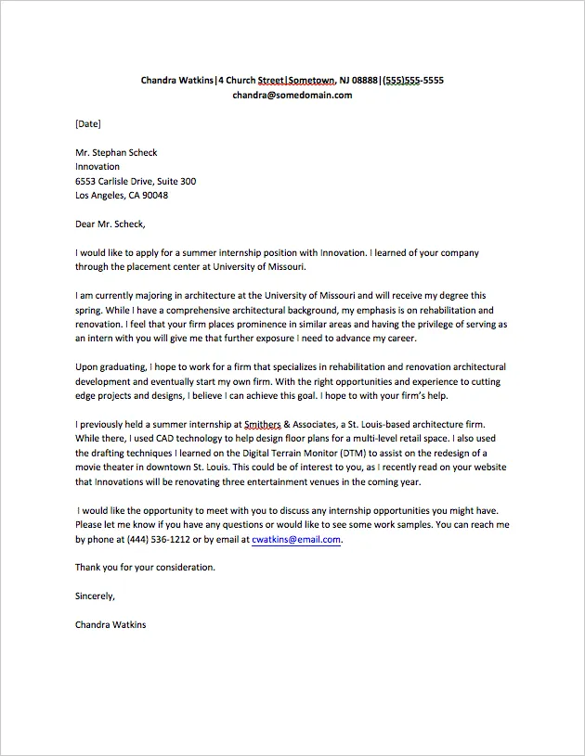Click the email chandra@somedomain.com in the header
tap(292, 95)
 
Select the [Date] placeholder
tap(88, 123)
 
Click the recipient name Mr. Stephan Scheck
tap(116, 152)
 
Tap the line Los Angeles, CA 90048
tap(122, 196)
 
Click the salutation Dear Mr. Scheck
tap(110, 224)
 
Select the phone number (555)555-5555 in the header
tap(413, 80)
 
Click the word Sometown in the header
tap(317, 80)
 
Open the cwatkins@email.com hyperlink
tap(296, 539)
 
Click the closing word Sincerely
tap(95, 596)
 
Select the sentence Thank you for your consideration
tap(145, 567)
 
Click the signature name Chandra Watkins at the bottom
tap(110, 624)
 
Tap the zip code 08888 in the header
tap(363, 80)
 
